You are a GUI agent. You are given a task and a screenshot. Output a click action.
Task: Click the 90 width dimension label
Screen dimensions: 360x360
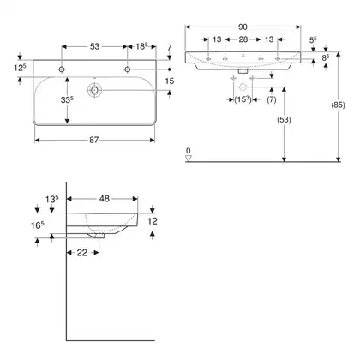[x=243, y=27]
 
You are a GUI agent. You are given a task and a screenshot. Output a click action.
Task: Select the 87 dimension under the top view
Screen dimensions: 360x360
[x=94, y=140]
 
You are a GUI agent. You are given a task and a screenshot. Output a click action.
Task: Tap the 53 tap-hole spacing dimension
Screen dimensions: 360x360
[x=94, y=46]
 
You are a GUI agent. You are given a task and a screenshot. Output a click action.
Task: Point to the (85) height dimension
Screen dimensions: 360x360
[x=338, y=105]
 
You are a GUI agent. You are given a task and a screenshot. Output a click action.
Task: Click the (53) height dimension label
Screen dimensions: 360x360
[x=284, y=120]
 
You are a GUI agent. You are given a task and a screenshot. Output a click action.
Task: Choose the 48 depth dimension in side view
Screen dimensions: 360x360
[x=105, y=199]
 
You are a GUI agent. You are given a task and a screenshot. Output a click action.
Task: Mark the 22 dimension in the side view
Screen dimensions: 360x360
[x=81, y=253]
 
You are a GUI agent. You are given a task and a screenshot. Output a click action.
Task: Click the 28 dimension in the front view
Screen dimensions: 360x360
[x=243, y=39]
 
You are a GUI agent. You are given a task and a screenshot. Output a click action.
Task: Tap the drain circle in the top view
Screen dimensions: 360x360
[x=94, y=90]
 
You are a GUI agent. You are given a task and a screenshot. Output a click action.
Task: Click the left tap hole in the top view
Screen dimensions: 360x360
[x=62, y=69]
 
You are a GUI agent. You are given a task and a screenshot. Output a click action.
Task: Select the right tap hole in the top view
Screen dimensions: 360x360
[x=128, y=69]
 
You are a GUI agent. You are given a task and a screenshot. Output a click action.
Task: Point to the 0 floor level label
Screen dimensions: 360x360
[x=188, y=151]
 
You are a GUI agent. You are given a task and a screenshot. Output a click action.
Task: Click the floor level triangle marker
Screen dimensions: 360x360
[x=189, y=158]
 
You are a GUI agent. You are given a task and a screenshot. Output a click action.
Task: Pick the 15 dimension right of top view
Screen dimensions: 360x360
[x=170, y=81]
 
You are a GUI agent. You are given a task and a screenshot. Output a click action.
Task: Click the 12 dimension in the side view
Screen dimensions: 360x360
[x=153, y=221]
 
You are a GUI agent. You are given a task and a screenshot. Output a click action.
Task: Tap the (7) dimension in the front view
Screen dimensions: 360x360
[x=272, y=99]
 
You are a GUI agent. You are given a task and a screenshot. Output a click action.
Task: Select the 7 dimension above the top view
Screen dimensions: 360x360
[x=170, y=47]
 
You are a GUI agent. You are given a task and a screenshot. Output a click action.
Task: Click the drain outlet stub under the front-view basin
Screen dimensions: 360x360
[x=243, y=71]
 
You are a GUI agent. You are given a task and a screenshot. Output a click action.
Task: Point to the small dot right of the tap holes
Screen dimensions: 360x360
[x=170, y=69]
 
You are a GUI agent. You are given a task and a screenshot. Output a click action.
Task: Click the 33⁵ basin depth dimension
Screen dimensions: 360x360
[x=67, y=100]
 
